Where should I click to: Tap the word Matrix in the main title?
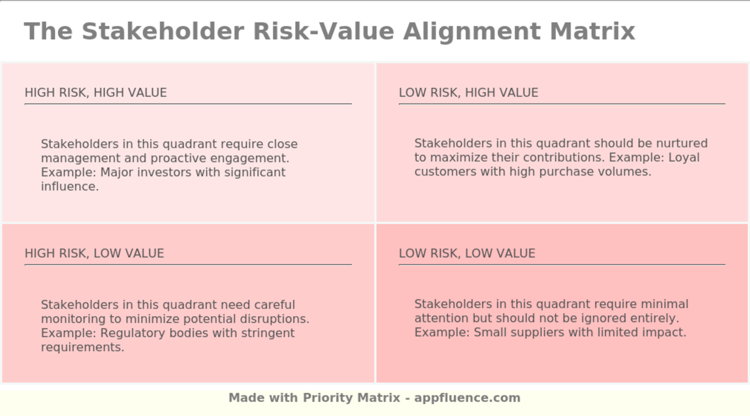click(x=592, y=31)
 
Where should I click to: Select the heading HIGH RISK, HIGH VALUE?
click(x=95, y=93)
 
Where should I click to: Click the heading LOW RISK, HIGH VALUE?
click(x=468, y=93)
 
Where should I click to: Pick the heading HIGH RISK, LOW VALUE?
click(x=94, y=254)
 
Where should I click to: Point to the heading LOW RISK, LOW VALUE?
click(x=467, y=254)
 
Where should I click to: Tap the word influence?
click(x=70, y=187)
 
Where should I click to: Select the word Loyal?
click(x=684, y=158)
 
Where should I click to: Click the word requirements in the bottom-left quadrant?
click(x=82, y=347)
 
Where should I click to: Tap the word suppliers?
click(x=535, y=332)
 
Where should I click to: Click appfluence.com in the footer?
click(x=467, y=398)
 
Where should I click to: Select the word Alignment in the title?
click(x=472, y=31)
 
